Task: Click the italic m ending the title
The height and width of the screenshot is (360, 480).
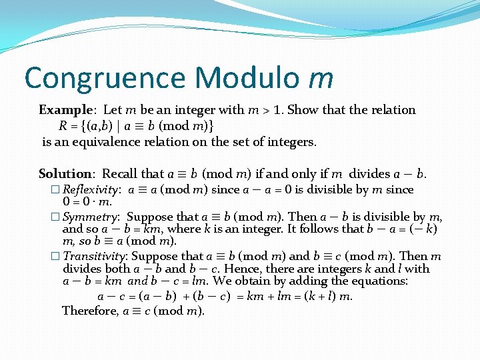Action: click(x=321, y=79)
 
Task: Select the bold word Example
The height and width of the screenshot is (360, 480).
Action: click(x=65, y=110)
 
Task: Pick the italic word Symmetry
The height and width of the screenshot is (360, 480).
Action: click(x=90, y=217)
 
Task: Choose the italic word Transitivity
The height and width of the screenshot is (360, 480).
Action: click(x=95, y=256)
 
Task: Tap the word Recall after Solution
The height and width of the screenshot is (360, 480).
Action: click(x=120, y=174)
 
